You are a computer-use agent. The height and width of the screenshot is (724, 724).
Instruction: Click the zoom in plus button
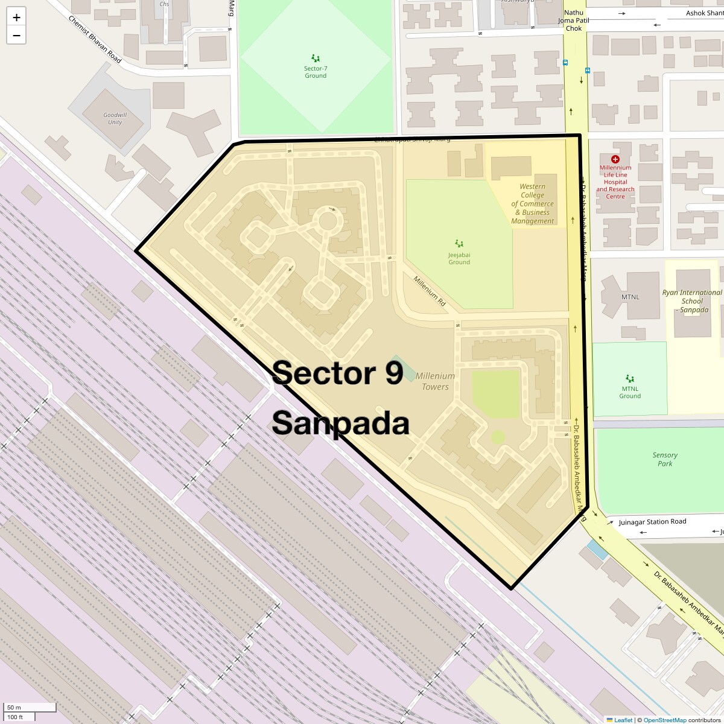16,17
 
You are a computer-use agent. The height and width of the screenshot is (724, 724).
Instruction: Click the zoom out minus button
16,36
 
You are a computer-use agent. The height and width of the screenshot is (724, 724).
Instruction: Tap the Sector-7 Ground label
315,72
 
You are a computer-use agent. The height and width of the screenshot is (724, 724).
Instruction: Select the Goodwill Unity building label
115,118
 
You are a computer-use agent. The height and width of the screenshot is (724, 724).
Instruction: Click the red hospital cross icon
615,159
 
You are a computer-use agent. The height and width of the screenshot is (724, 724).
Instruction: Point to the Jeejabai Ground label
459,258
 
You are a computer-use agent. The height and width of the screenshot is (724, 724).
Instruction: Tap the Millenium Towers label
435,381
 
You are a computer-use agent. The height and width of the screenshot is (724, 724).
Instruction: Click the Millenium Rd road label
430,291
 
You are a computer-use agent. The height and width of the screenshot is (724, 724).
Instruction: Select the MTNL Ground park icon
630,378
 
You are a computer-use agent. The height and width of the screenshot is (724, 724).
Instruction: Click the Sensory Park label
665,459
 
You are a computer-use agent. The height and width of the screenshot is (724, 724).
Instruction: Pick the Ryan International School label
692,301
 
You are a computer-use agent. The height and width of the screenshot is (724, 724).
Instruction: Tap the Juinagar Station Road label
652,522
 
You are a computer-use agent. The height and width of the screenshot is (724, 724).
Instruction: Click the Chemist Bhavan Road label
95,39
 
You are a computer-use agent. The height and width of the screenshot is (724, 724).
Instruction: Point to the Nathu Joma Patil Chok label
574,21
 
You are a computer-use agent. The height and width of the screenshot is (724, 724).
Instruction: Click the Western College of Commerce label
532,204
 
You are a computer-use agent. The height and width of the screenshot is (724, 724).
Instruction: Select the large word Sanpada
340,424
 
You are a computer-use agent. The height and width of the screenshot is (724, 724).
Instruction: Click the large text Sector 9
337,373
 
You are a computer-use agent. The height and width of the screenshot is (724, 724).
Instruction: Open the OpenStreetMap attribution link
664,720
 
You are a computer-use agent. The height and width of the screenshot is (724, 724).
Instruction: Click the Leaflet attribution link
623,720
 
